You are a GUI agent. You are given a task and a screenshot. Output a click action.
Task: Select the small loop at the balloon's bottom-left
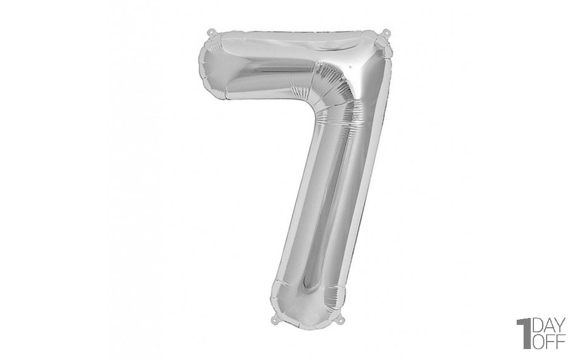[x=275, y=319]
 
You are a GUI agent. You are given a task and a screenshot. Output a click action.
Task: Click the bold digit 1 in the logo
[x=524, y=334]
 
